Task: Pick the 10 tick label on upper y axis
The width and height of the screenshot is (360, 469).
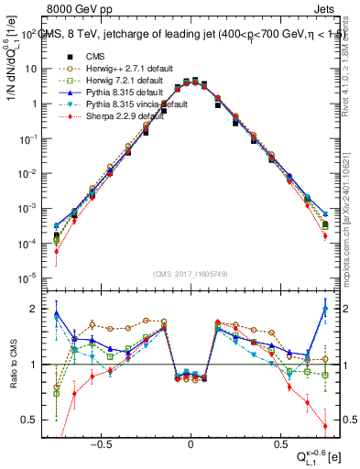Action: pyautogui.click(x=30, y=69)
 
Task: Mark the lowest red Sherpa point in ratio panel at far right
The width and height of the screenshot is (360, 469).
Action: pyautogui.click(x=325, y=426)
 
